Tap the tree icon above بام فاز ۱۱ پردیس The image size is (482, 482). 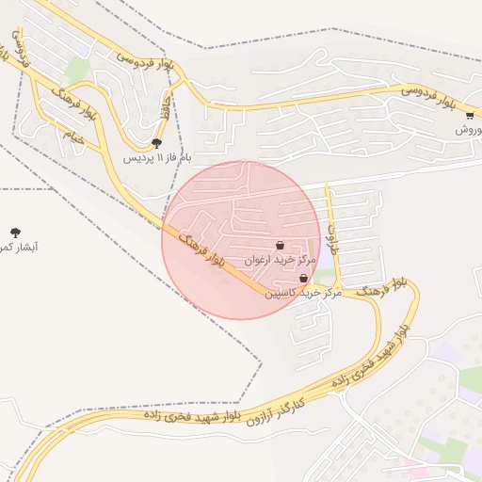pyautogui.click(x=156, y=143)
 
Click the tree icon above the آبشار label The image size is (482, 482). pyautogui.click(x=15, y=232)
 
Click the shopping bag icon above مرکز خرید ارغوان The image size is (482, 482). pyautogui.click(x=281, y=245)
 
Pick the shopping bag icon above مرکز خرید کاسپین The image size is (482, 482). pyautogui.click(x=303, y=279)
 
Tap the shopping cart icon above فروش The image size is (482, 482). pyautogui.click(x=470, y=116)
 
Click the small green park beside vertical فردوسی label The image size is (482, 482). pyautogui.click(x=78, y=70)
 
